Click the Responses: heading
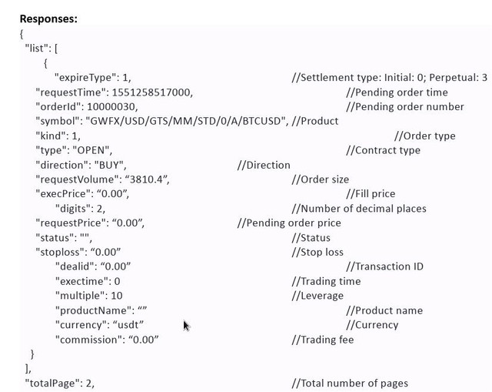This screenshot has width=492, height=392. (48, 18)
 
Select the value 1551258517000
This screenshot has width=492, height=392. (152, 92)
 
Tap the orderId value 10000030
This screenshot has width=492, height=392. (112, 107)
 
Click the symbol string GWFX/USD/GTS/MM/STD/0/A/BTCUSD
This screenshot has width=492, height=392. (187, 122)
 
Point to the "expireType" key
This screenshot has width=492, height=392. (83, 78)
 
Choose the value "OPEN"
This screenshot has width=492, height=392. (92, 150)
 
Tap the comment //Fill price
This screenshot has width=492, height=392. (371, 194)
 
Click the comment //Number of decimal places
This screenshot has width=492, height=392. (359, 209)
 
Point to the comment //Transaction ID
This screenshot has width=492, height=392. (384, 266)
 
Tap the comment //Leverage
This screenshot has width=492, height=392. (317, 296)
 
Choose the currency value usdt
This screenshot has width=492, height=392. (128, 325)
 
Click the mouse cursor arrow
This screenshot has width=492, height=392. (186, 326)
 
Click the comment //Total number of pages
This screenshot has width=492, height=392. (350, 384)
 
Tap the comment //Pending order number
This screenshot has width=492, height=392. (405, 107)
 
